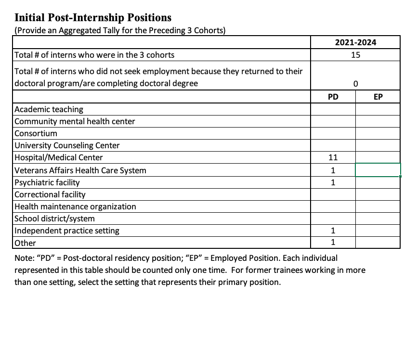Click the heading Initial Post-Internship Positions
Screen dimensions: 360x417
[x=93, y=18]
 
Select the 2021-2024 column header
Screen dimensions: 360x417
[x=355, y=42]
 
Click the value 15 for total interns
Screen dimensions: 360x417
[x=355, y=55]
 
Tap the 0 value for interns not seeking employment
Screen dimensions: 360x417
[x=355, y=83]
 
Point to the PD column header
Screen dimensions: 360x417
[x=333, y=97]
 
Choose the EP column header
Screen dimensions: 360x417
[x=378, y=97]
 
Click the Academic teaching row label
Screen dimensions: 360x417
[x=49, y=109]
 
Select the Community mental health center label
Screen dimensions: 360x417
[x=75, y=121]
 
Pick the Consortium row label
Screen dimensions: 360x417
[x=36, y=133]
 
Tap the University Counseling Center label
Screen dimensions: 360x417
[x=67, y=145]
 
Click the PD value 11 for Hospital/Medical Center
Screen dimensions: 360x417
[x=333, y=157]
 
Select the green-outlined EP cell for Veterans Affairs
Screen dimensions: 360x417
[x=378, y=170]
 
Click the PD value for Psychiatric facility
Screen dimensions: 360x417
[x=333, y=182]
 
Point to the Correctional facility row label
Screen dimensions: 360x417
[x=50, y=194]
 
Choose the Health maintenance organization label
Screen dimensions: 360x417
[x=76, y=206]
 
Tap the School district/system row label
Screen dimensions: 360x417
[x=55, y=219]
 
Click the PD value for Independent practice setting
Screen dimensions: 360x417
[x=333, y=231]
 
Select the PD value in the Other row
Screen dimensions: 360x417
[x=333, y=243]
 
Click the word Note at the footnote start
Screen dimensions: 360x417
[x=25, y=258]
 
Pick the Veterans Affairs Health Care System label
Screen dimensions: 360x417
[x=80, y=170]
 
